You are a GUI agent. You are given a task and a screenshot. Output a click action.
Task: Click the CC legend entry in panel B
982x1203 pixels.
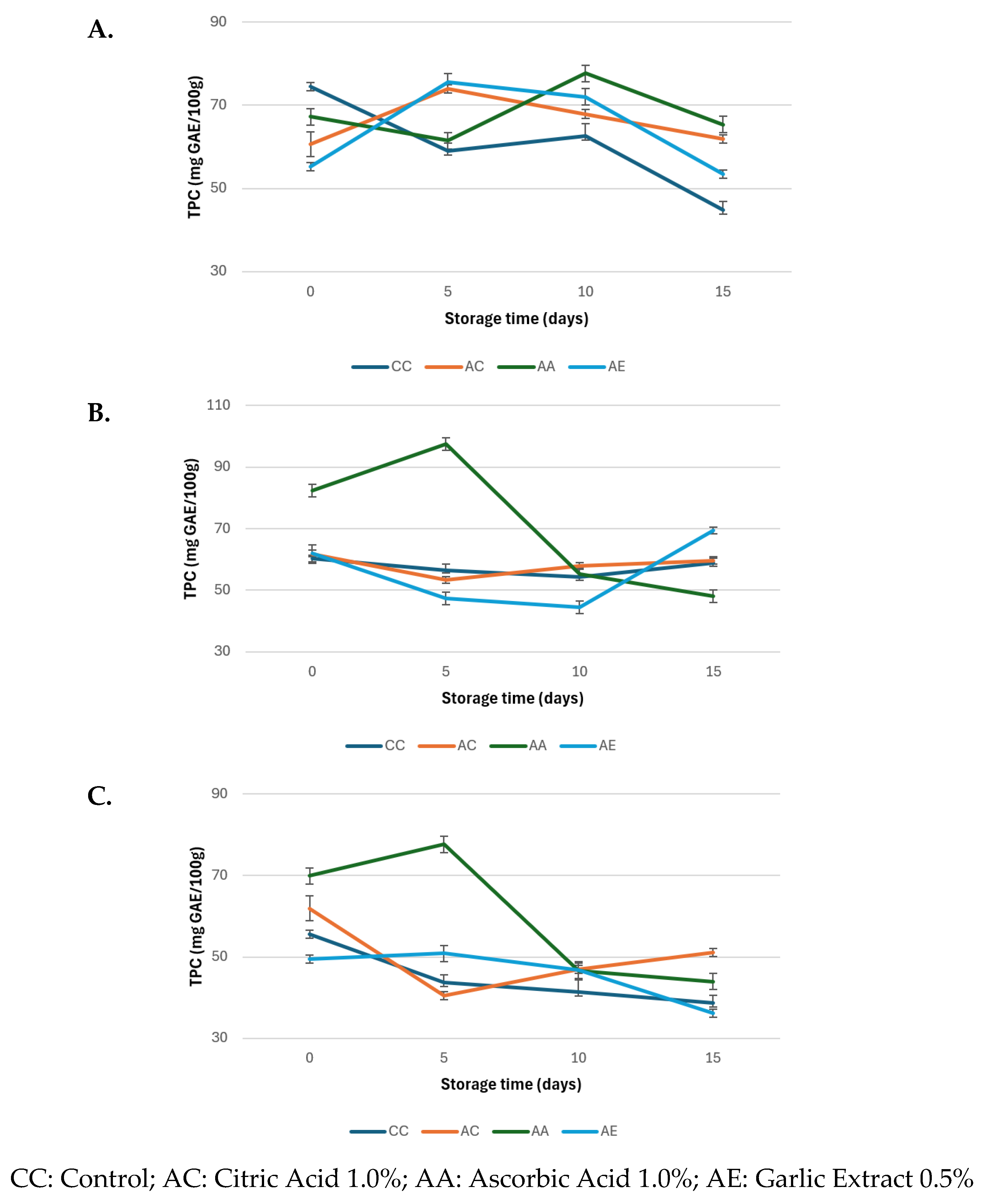pyautogui.click(x=376, y=745)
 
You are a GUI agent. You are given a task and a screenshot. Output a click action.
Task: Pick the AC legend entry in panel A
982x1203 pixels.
pyautogui.click(x=454, y=367)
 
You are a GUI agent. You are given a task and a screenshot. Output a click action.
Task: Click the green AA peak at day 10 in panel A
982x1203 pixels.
pyautogui.click(x=586, y=72)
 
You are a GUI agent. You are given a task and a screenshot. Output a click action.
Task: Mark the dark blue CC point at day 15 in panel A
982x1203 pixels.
pyautogui.click(x=723, y=210)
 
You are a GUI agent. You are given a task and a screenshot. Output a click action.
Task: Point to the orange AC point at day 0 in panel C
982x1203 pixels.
pyautogui.click(x=310, y=908)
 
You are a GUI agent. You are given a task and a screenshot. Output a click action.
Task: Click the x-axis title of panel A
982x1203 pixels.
pyautogui.click(x=516, y=319)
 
